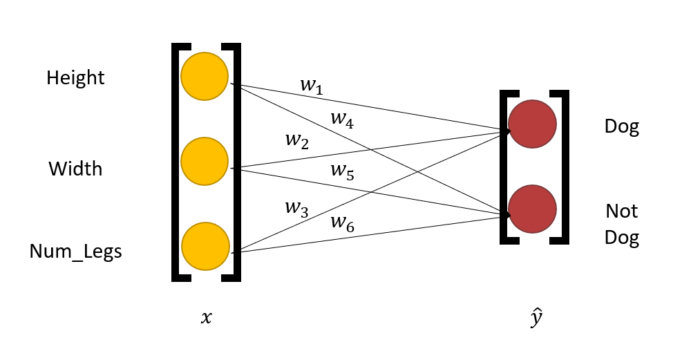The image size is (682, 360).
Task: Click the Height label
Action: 75,78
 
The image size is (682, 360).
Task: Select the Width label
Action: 75,169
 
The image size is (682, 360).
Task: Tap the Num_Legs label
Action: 75,252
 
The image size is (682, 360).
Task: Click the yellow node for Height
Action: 205,76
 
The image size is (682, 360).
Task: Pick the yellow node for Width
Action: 205,161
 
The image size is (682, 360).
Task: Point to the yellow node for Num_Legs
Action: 205,246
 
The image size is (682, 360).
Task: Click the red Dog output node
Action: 532,124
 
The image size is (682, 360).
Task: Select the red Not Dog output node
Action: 532,209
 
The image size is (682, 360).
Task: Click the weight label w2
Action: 296,141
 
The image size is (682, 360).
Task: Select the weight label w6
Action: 342,222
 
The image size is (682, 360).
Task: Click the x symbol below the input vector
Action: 206,319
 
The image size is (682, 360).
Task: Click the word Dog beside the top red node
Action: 621,127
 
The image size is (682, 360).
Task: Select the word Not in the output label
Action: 621,211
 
